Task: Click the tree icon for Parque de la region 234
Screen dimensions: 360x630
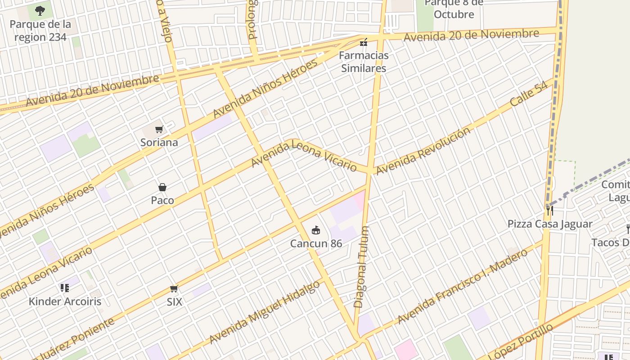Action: click(40, 10)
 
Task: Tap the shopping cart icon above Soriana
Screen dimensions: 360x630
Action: click(159, 130)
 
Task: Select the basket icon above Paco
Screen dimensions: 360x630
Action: click(162, 187)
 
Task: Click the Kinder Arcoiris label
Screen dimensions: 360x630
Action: click(65, 301)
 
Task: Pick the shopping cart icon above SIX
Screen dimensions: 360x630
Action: click(174, 288)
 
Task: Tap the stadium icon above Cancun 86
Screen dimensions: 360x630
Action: click(316, 230)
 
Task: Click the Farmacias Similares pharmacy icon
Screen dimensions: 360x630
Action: click(363, 43)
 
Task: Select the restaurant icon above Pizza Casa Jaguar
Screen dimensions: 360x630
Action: click(549, 210)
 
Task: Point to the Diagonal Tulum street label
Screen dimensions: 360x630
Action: click(361, 267)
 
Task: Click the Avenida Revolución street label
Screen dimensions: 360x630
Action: click(423, 151)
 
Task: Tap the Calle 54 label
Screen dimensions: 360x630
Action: click(529, 94)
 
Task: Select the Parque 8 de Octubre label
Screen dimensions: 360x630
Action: click(454, 9)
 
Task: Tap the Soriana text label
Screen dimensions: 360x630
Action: click(159, 143)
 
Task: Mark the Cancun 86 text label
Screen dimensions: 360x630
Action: click(316, 243)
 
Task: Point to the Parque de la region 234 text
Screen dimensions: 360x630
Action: click(40, 31)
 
